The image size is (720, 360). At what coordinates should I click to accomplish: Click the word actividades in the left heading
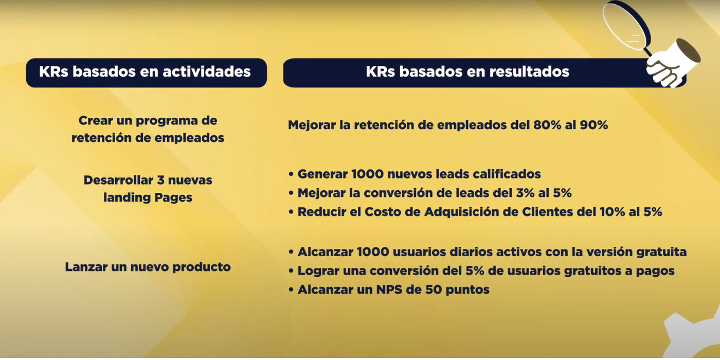click(x=206, y=71)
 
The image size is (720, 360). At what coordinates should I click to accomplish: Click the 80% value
click(x=547, y=125)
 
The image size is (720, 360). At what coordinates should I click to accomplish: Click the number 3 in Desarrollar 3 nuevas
click(x=160, y=180)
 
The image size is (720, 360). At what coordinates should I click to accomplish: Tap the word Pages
click(x=173, y=198)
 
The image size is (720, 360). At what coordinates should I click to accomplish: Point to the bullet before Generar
click(x=291, y=174)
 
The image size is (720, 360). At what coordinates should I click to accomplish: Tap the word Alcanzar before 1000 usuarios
click(x=326, y=251)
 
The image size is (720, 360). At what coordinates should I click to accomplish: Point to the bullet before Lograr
click(x=291, y=271)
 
